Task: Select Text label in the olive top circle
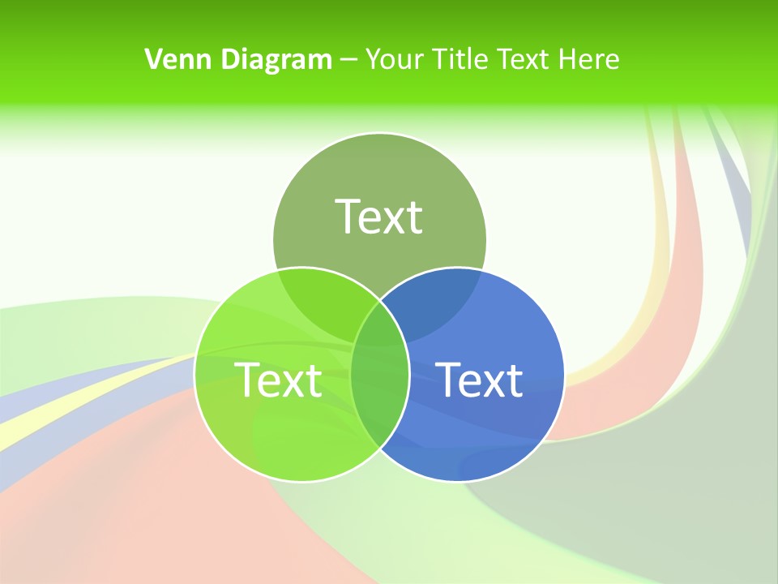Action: point(379,217)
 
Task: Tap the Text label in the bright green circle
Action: point(278,380)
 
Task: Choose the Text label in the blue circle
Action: point(479,380)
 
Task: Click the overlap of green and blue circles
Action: point(379,381)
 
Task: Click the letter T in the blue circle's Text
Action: point(449,379)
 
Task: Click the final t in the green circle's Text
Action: point(314,380)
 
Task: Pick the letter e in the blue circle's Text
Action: point(472,383)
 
